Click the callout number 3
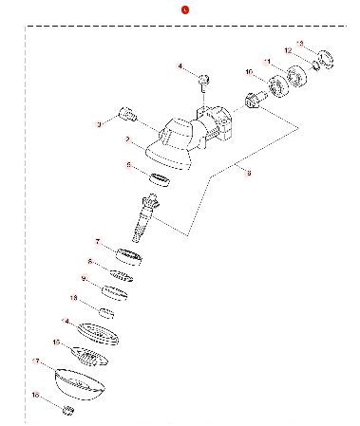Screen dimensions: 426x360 99,124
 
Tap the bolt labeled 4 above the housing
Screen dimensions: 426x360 202,76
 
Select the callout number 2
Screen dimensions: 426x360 126,139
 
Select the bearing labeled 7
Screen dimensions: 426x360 129,255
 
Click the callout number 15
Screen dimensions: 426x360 57,342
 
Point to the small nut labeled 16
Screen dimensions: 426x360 67,410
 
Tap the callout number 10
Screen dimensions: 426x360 249,72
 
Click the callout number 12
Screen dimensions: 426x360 288,50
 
